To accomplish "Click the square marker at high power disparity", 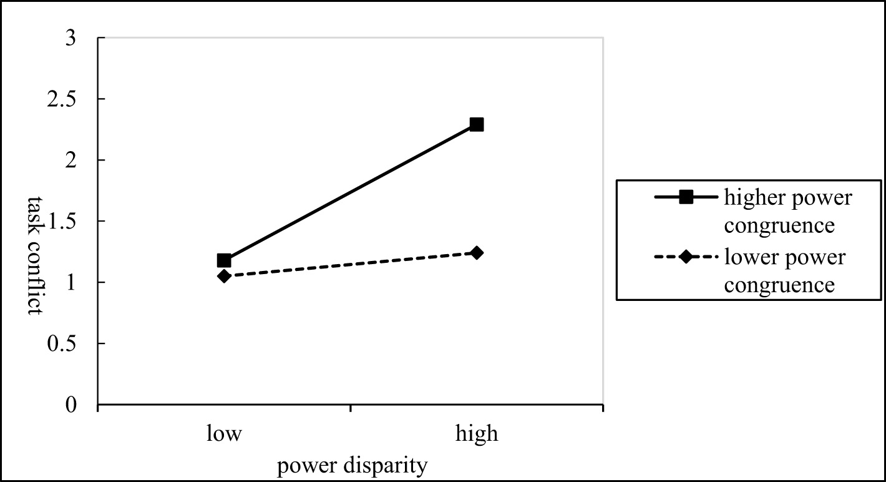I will pyautogui.click(x=477, y=124).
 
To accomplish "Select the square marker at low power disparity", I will pyautogui.click(x=224, y=260).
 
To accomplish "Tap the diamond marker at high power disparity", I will pyautogui.click(x=477, y=253).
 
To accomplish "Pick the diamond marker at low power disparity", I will pyautogui.click(x=224, y=276).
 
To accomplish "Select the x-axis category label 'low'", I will pyautogui.click(x=224, y=434).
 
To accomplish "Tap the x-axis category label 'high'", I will pyautogui.click(x=477, y=434).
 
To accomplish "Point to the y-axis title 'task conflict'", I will pyautogui.click(x=34, y=255).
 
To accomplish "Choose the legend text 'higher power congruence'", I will pyautogui.click(x=787, y=211).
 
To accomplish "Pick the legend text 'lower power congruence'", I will pyautogui.click(x=785, y=271).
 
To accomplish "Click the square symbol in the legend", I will pyautogui.click(x=686, y=198).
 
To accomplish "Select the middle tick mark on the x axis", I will pyautogui.click(x=351, y=409).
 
